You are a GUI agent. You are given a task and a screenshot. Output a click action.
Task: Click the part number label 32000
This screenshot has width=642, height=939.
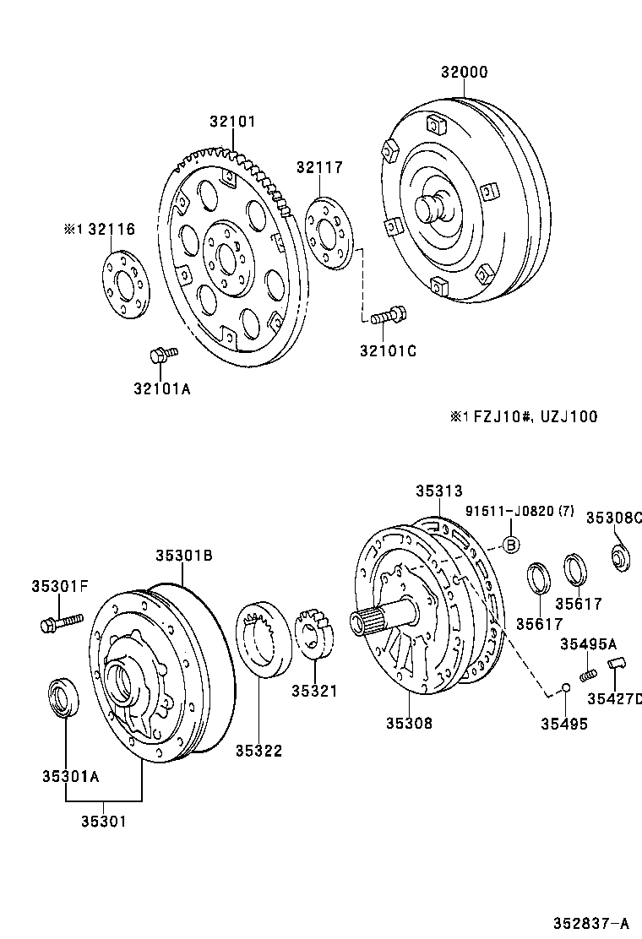pyautogui.click(x=464, y=73)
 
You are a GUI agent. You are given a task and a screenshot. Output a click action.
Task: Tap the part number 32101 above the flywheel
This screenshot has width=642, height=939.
pyautogui.click(x=232, y=122)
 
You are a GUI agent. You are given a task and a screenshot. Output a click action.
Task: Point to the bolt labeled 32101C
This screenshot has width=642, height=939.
pyautogui.click(x=388, y=317)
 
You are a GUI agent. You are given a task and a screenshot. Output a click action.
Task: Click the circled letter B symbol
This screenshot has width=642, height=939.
pyautogui.click(x=510, y=545)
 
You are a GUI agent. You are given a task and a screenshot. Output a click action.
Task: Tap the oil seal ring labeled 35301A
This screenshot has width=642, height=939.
pyautogui.click(x=63, y=697)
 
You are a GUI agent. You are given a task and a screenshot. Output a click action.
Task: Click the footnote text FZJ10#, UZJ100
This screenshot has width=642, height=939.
pyautogui.click(x=535, y=416)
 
